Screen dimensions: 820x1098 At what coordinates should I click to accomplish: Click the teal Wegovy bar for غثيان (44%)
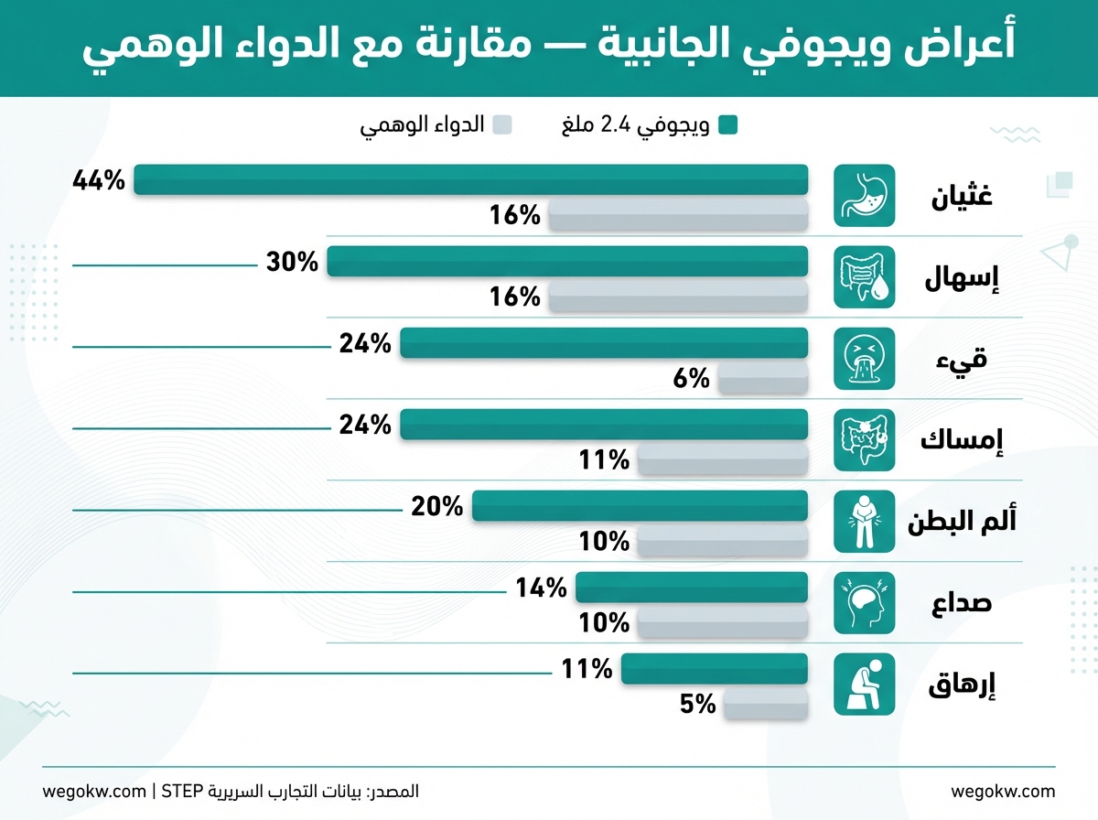tap(471, 179)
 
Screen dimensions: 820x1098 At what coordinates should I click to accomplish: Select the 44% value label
tap(98, 180)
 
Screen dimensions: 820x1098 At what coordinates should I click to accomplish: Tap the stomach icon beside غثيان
tap(864, 196)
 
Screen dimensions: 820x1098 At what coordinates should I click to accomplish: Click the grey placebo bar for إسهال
tap(678, 297)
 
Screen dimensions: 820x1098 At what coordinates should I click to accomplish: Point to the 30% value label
tap(292, 262)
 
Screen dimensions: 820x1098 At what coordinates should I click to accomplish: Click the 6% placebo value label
tap(692, 378)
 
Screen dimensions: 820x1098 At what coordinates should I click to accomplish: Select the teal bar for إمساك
tap(604, 424)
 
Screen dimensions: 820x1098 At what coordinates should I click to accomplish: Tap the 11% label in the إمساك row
tap(604, 460)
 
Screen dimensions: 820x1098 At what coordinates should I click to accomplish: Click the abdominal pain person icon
tap(864, 521)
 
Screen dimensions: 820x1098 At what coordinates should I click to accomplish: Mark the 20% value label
tap(437, 506)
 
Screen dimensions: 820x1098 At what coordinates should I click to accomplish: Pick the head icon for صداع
tap(864, 602)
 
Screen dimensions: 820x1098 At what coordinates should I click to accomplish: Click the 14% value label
tap(541, 588)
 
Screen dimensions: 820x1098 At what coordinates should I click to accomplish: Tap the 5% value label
tap(697, 704)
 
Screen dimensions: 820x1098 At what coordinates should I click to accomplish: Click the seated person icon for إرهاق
tap(864, 684)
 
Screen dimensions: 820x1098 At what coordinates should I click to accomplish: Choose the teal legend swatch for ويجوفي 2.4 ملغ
tap(727, 125)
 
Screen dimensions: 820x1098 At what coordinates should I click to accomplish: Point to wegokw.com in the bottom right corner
tap(1003, 791)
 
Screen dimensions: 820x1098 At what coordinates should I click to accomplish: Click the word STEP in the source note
tap(183, 791)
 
